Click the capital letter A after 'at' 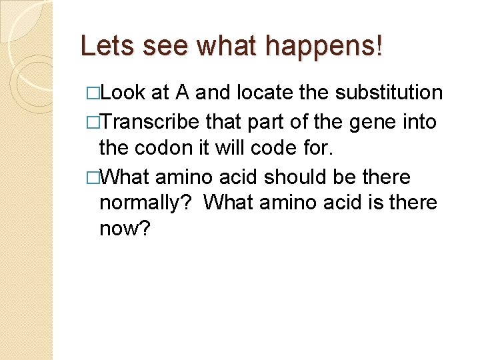(x=181, y=93)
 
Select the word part (x=259, y=122)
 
